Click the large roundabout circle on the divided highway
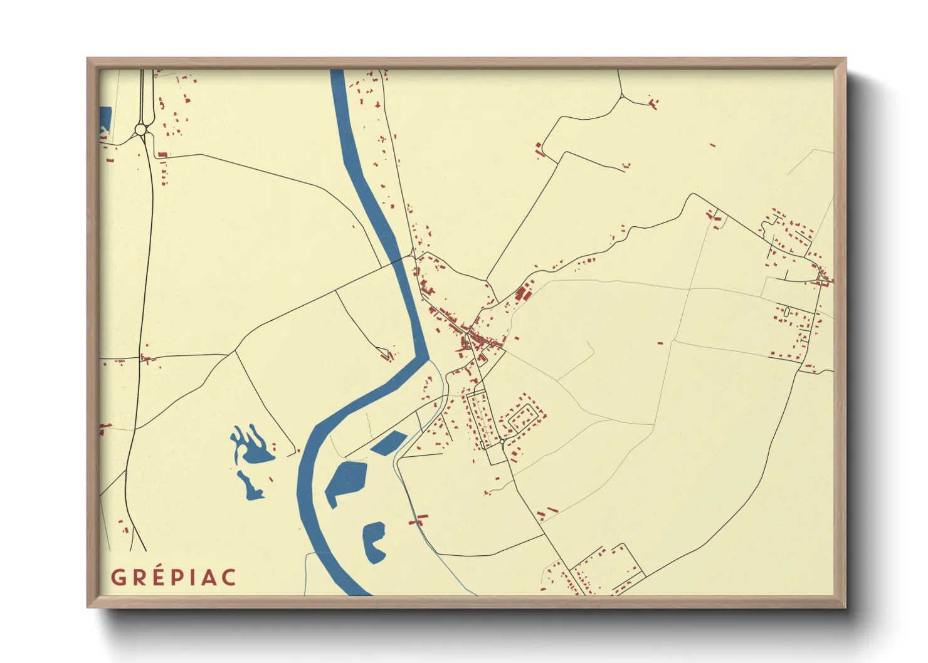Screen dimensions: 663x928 click(140, 130)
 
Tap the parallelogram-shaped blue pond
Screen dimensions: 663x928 click(389, 443)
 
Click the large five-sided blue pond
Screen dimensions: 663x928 click(345, 481)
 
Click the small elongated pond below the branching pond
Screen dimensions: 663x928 click(251, 486)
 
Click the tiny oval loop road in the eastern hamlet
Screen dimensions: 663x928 click(787, 311)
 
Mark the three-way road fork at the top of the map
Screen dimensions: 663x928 click(621, 97)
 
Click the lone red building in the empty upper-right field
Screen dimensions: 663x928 click(712, 145)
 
